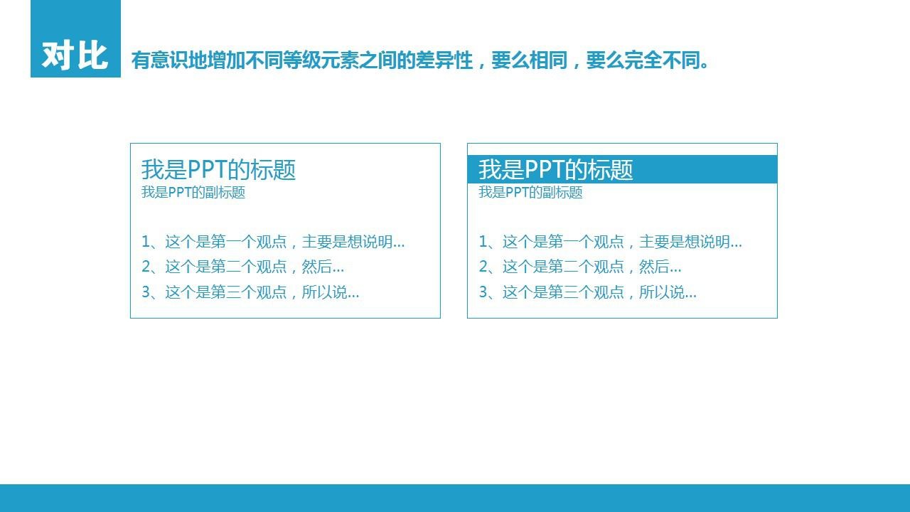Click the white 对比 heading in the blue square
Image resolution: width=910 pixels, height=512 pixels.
[x=75, y=55]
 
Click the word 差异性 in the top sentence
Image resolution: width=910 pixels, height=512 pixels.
[x=445, y=60]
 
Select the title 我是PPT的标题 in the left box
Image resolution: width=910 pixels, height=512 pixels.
[x=218, y=169]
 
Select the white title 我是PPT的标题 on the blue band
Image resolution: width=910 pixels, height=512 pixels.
[x=556, y=169]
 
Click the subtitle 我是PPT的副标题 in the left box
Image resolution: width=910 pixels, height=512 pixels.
[x=193, y=192]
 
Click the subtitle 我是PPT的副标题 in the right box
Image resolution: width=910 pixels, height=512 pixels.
[x=530, y=192]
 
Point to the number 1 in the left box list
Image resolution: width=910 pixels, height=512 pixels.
[x=146, y=242]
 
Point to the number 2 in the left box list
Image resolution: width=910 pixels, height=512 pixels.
[x=146, y=267]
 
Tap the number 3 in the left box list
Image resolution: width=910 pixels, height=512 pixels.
[x=146, y=292]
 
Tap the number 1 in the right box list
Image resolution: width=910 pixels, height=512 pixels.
[x=483, y=242]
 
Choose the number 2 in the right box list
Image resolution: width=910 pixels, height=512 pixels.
[x=483, y=267]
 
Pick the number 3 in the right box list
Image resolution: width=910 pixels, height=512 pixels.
[x=483, y=292]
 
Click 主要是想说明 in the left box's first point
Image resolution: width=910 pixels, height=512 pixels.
[x=348, y=242]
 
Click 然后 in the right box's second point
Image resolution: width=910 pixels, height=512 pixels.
[x=654, y=267]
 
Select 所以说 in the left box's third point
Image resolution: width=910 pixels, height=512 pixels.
[x=324, y=292]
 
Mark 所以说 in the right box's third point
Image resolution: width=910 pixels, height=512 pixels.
[x=661, y=292]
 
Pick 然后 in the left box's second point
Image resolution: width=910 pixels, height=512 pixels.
[x=317, y=267]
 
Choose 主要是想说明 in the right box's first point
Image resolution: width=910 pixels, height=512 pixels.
[x=685, y=242]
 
